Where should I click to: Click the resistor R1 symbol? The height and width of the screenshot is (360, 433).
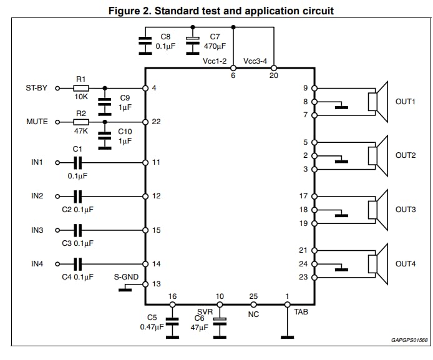[80, 89]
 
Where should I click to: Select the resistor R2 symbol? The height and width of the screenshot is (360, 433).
[80, 122]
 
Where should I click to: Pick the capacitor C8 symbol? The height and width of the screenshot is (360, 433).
[145, 41]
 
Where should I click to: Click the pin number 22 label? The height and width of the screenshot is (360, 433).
[156, 122]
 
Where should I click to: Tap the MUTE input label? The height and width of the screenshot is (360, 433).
[36, 122]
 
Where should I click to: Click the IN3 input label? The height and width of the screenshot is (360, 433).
[37, 230]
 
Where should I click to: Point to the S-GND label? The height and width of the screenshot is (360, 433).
[126, 276]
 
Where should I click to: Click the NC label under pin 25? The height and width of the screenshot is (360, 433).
[253, 314]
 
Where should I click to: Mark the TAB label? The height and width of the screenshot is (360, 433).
[300, 311]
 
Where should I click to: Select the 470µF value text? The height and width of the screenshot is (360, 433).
[214, 47]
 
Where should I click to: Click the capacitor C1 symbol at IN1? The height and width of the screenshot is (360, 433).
[77, 162]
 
